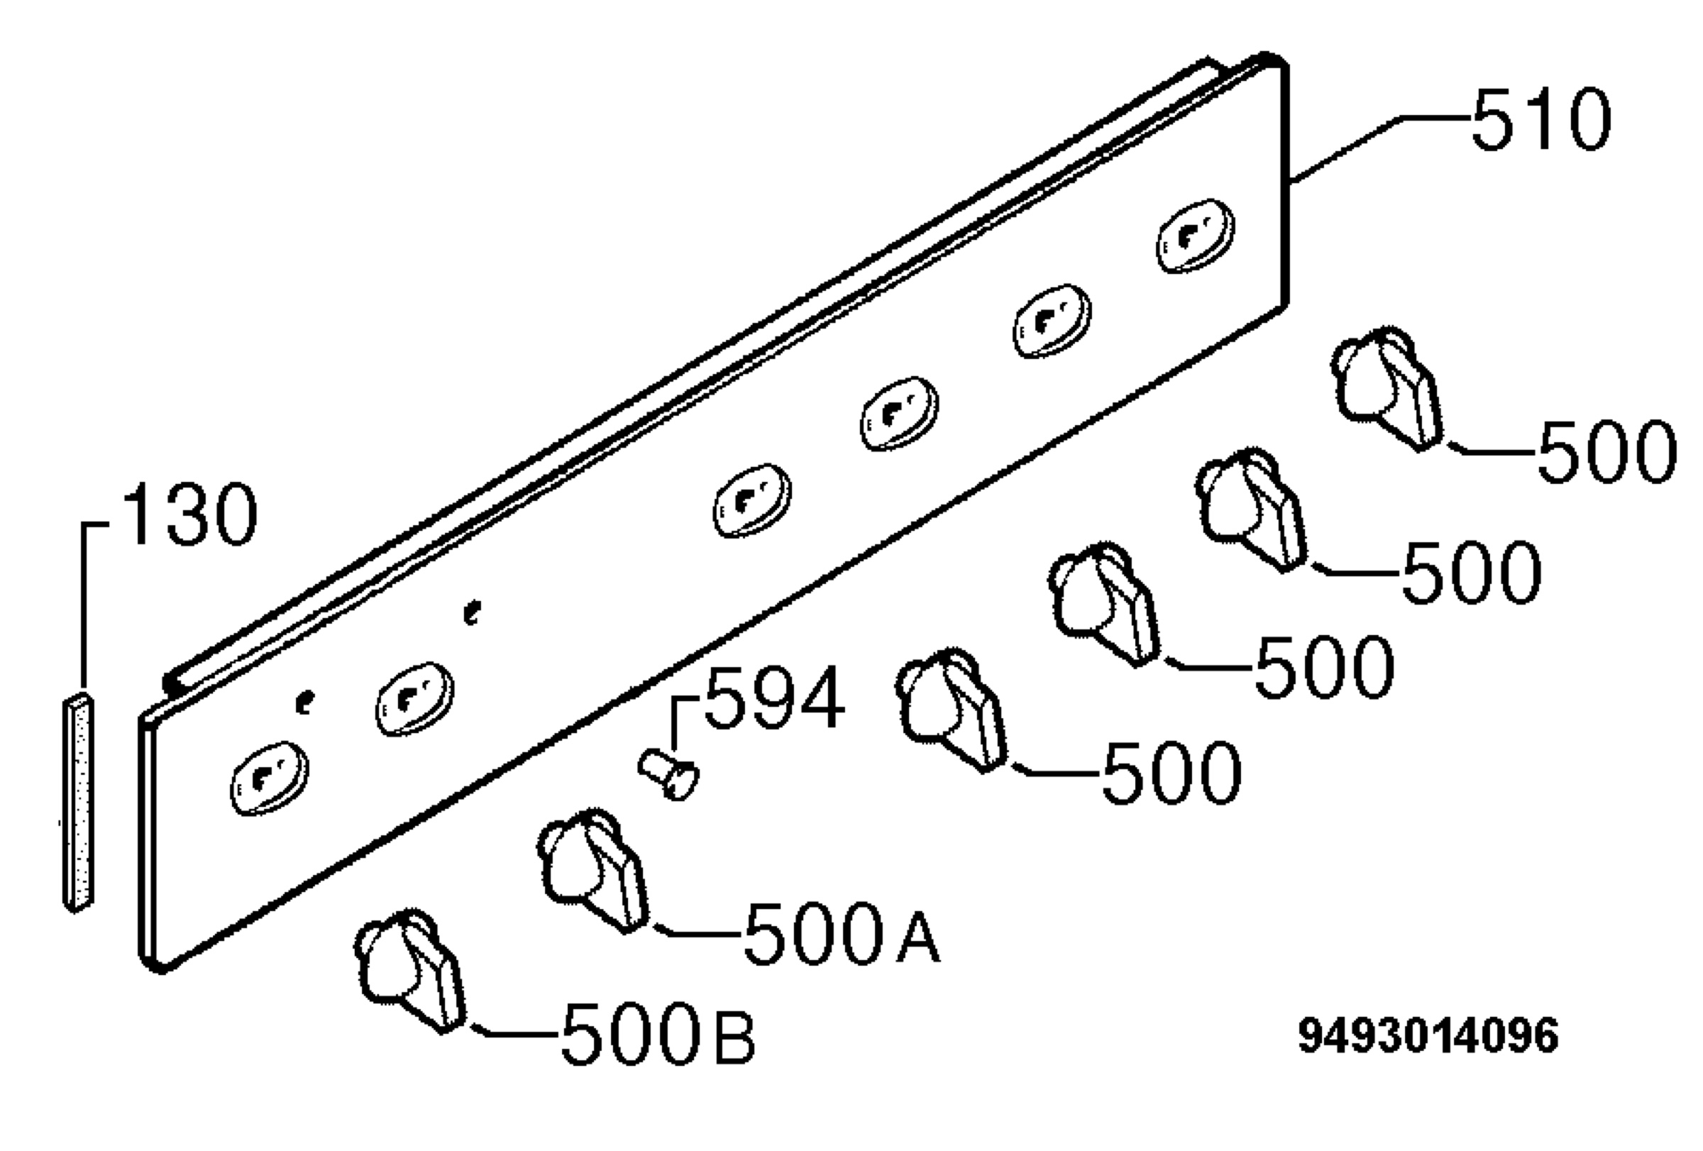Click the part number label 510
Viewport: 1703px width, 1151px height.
1541,119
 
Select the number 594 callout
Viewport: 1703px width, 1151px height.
774,698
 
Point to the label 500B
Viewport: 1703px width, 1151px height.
658,1032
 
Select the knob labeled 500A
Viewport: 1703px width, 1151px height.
593,870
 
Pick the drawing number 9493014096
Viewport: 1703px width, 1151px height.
1428,1036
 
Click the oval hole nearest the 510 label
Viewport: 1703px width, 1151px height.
1196,236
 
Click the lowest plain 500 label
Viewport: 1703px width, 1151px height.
1172,772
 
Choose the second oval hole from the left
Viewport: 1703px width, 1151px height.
415,698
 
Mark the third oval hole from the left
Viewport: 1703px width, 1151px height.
753,500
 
